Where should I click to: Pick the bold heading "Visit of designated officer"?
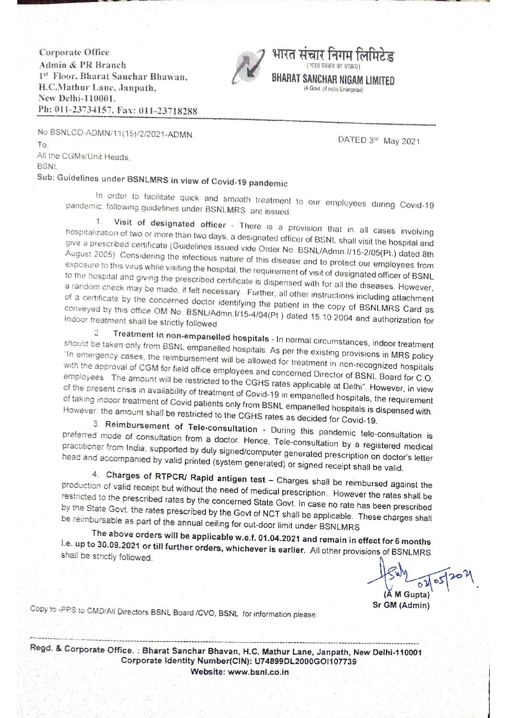(x=170, y=224)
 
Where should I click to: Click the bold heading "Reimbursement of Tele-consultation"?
(x=181, y=427)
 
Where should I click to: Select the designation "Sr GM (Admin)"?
(x=401, y=605)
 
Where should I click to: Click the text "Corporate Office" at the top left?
(x=74, y=52)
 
